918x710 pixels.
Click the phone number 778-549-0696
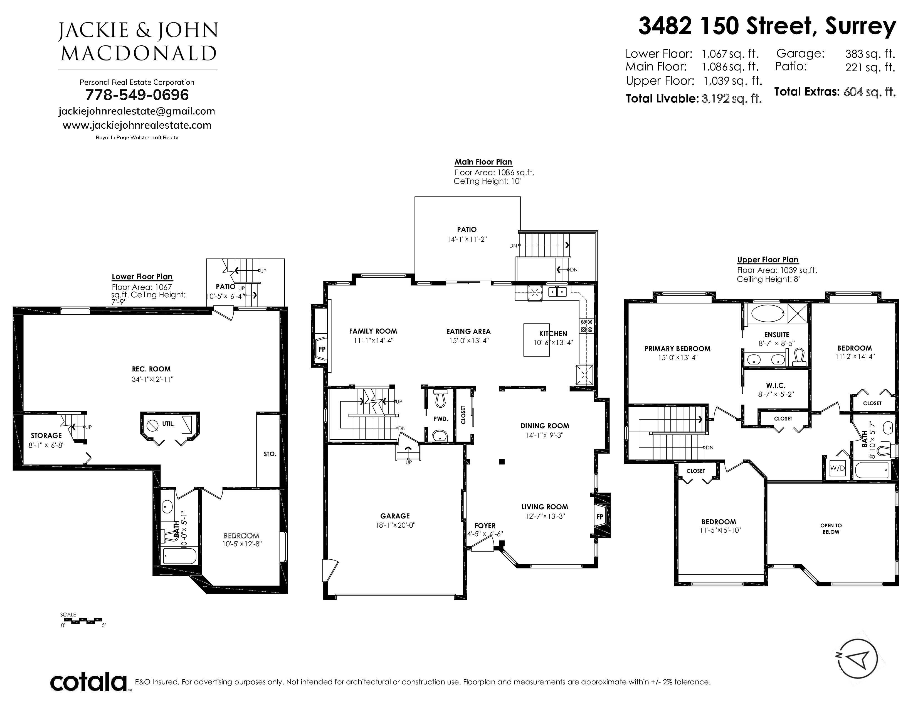coord(137,95)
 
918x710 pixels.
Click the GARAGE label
coord(395,516)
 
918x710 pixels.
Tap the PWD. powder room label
coord(441,419)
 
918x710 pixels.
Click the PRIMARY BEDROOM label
coord(677,349)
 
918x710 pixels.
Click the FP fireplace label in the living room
coord(600,516)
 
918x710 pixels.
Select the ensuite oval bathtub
coord(768,313)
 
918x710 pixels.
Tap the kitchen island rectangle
coord(536,340)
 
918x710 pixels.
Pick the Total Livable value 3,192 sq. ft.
coord(732,98)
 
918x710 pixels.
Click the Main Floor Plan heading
coord(483,162)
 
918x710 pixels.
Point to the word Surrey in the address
coord(860,27)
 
